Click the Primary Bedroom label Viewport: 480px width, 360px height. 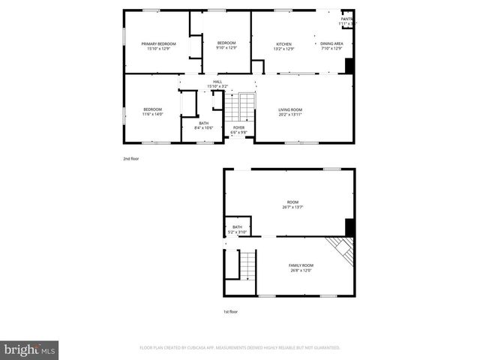pos(159,44)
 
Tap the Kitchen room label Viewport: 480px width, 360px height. pos(283,44)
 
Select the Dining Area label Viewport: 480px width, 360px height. pos(331,43)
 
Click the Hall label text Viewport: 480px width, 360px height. pos(217,82)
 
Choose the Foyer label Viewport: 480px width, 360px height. pos(238,127)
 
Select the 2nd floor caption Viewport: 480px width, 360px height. pos(131,158)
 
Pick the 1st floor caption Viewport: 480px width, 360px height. pos(231,311)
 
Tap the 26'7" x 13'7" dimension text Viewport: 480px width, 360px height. pos(292,207)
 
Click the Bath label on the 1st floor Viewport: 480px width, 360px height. pos(237,226)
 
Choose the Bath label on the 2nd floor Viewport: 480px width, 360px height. pos(204,124)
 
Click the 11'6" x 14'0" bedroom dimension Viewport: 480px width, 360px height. pos(152,115)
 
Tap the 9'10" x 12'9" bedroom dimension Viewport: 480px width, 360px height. pos(226,48)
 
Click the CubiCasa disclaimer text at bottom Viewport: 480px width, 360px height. pos(240,348)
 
